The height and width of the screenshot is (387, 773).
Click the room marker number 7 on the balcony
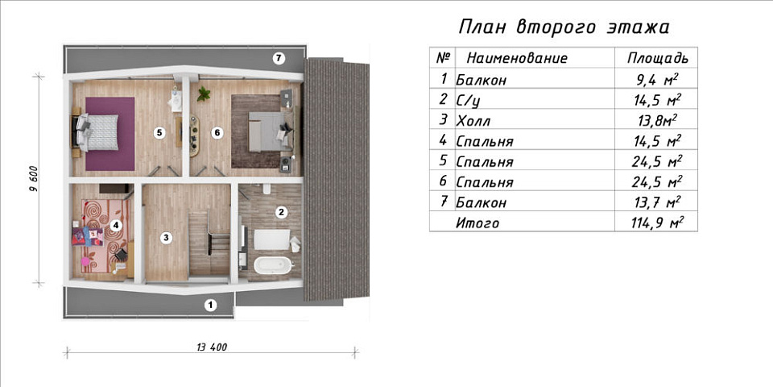279,58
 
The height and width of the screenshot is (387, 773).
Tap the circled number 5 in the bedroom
159,132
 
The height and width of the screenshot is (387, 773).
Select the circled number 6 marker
217,132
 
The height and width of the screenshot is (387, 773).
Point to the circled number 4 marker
116,226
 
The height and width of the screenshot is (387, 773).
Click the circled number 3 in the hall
165,237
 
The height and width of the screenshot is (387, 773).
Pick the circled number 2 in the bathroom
281,213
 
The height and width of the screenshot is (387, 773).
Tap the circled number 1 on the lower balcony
210,305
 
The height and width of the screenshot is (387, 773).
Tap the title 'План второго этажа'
563,27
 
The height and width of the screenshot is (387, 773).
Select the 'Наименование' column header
516,58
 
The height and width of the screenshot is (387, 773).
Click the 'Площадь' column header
657,58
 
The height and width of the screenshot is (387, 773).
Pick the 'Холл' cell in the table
472,120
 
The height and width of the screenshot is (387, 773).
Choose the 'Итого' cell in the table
477,223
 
